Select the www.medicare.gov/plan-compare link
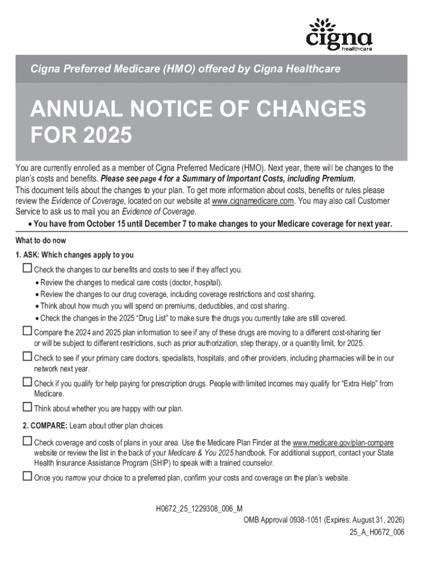343,443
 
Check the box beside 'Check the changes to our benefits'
27,268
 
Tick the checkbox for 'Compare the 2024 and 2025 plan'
27,331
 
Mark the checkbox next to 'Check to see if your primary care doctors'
27,357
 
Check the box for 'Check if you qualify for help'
27,382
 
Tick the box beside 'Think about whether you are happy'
27,407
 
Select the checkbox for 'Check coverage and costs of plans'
27,441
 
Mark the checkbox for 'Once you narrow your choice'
27,476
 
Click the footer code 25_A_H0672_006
377,532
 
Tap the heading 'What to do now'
40,241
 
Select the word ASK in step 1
30,255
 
